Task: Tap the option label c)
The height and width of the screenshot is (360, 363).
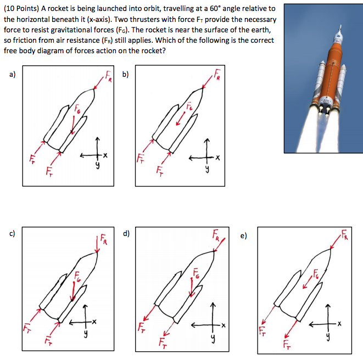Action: click(11, 234)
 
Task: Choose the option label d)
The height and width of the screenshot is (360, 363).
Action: click(126, 234)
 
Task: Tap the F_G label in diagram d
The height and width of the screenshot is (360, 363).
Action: click(196, 273)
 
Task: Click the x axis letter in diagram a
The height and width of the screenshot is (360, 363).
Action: click(105, 157)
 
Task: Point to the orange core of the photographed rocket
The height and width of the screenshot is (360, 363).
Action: click(330, 60)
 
